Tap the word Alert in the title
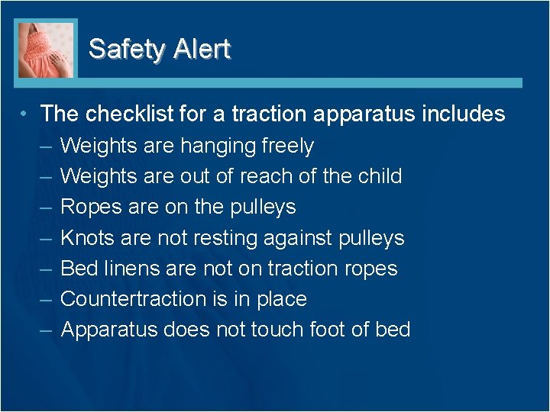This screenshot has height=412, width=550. tap(201, 49)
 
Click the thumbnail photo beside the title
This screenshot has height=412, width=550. tap(46, 50)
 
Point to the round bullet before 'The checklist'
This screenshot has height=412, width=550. tap(25, 114)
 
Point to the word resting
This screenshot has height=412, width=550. tap(222, 238)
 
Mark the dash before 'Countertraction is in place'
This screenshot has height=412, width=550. tap(45, 299)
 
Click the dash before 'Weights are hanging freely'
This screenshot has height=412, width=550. tap(45, 146)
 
